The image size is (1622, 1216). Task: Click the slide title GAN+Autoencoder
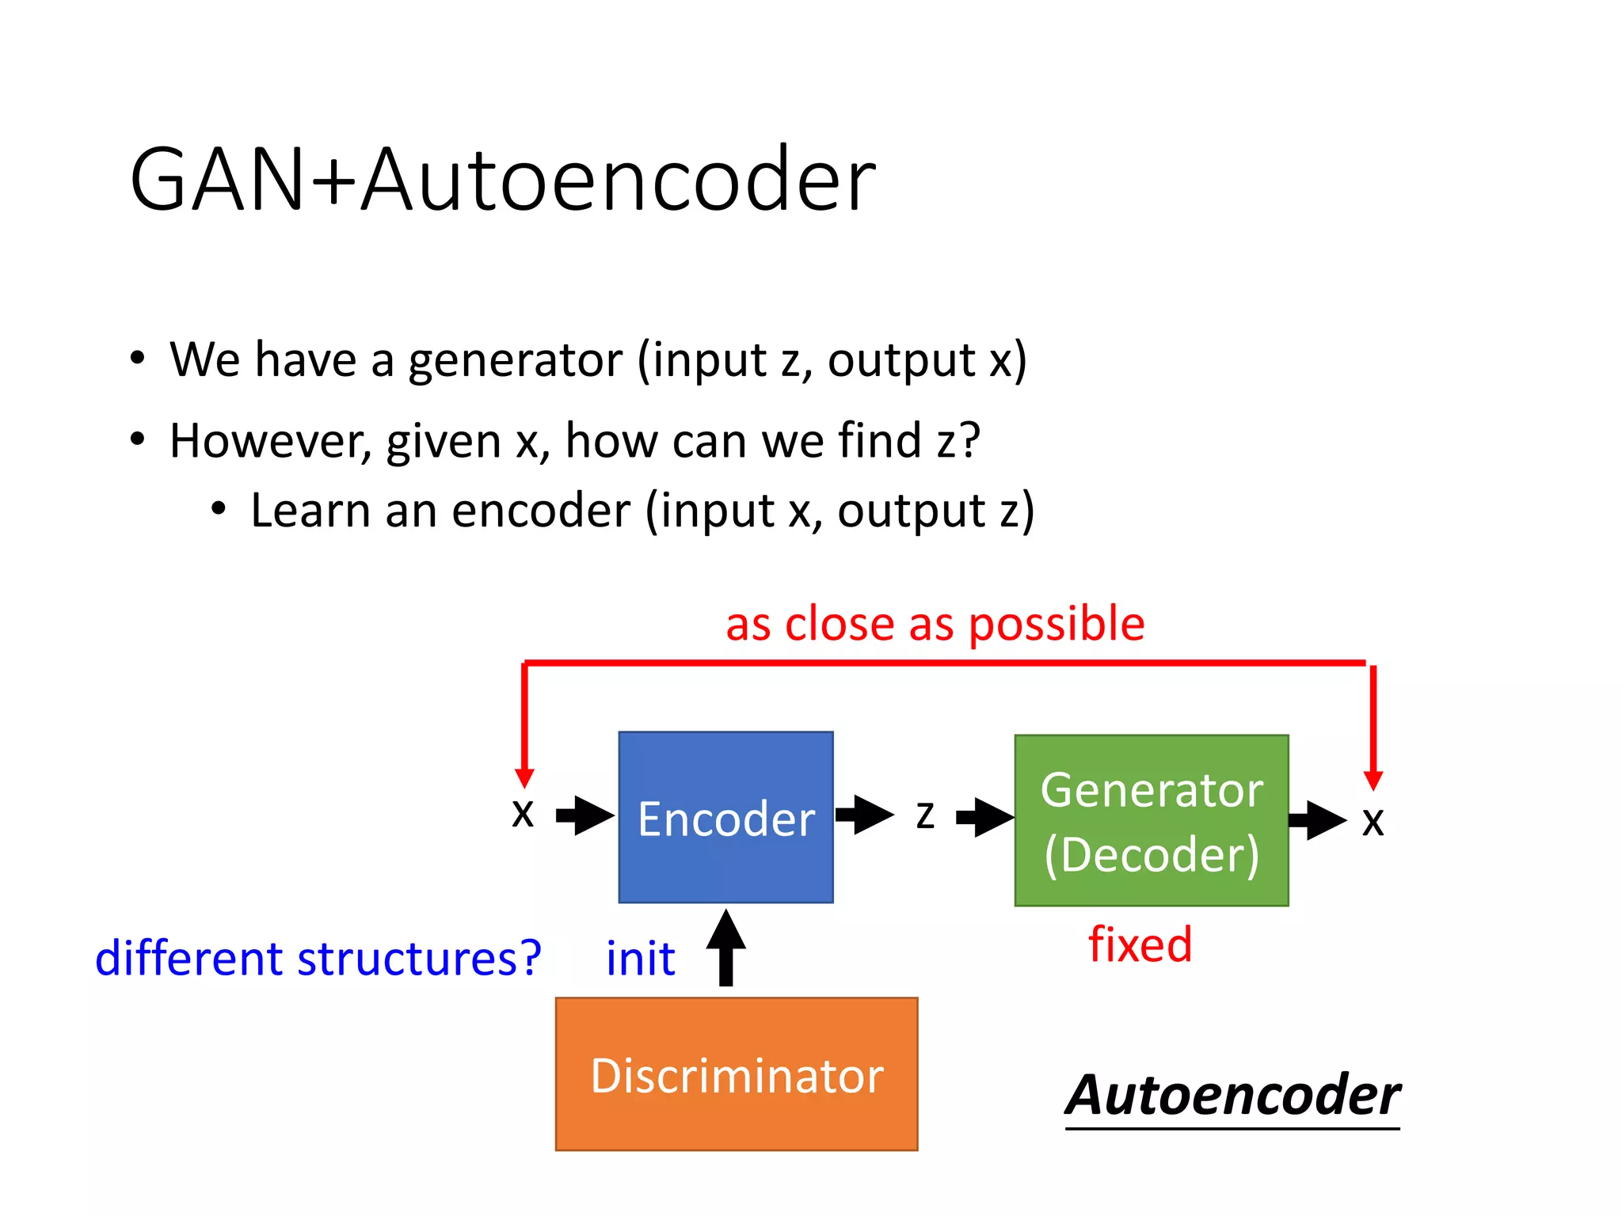[502, 180]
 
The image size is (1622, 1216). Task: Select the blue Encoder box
[725, 817]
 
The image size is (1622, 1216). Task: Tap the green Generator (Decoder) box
[1151, 820]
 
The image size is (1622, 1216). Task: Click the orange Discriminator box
[736, 1073]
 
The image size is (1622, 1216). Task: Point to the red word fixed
[1140, 944]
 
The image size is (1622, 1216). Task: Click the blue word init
[640, 959]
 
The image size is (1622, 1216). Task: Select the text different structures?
[318, 959]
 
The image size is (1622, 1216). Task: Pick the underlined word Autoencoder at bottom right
[1232, 1096]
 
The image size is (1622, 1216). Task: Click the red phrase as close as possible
[935, 624]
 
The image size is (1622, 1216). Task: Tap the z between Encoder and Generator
[925, 815]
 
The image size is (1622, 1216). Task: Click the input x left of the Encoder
[523, 813]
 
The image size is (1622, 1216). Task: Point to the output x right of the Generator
[1373, 822]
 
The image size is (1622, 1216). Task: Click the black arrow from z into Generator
[985, 817]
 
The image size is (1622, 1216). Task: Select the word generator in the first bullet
[515, 361]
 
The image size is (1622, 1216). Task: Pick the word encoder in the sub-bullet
[541, 511]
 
